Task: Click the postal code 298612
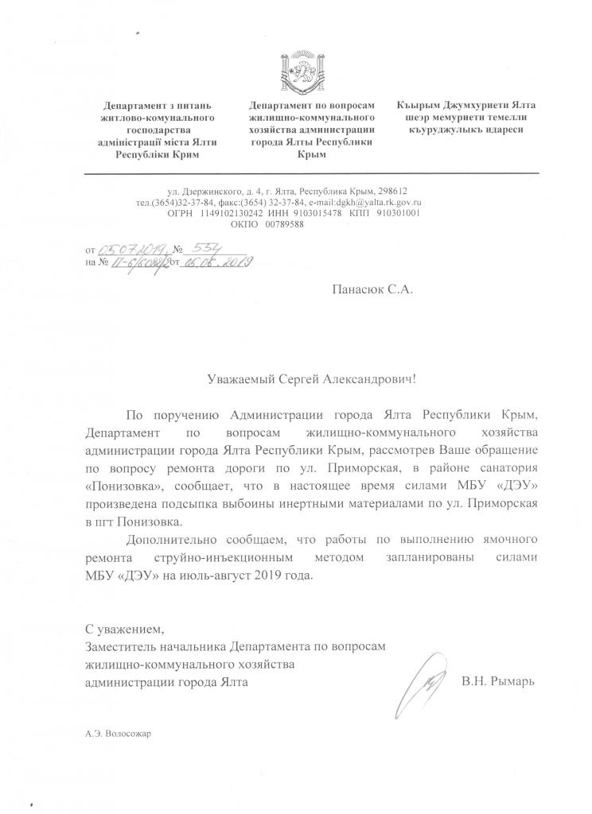tap(391, 191)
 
